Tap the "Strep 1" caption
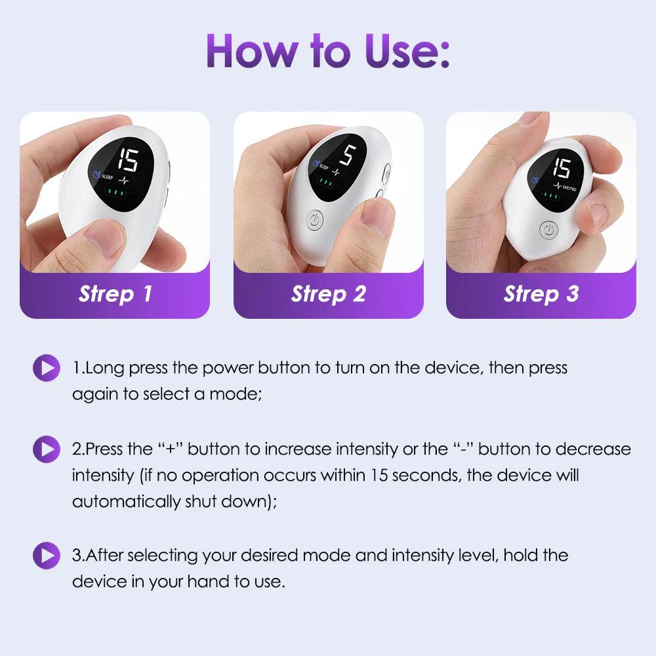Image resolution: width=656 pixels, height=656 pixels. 115,294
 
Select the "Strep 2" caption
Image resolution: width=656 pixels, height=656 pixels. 328,294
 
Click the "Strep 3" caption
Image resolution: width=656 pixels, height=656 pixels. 541,294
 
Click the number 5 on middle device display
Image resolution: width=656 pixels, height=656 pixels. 348,155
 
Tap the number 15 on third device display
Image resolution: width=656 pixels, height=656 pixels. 562,169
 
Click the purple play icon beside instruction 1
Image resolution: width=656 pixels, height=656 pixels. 46,367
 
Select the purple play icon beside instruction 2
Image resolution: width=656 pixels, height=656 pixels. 46,449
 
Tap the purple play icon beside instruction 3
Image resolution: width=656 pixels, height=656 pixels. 46,556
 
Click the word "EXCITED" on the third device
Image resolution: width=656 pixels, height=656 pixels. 570,186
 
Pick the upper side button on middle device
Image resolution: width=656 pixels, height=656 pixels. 386,174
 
